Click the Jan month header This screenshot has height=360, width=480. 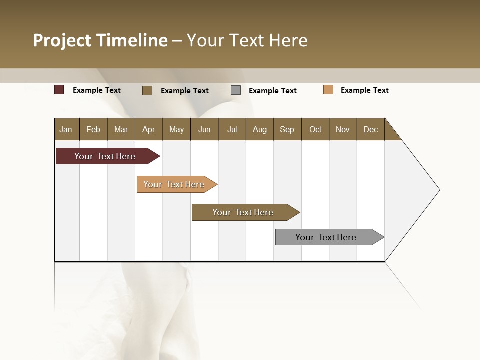click(66, 129)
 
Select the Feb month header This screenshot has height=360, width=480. click(93, 129)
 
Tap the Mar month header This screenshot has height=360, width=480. click(121, 129)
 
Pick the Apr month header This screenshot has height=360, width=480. click(149, 129)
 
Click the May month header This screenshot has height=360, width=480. click(176, 129)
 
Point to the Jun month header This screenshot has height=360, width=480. click(204, 129)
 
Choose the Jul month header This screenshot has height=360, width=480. click(232, 129)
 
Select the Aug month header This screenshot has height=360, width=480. click(260, 129)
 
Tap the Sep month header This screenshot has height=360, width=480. click(287, 129)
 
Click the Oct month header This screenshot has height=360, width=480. click(315, 129)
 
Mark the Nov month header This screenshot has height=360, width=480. click(343, 129)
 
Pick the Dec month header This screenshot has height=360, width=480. click(370, 129)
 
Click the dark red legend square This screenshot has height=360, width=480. click(59, 90)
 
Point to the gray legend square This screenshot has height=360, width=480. click(236, 90)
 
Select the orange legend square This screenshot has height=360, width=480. click(328, 90)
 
